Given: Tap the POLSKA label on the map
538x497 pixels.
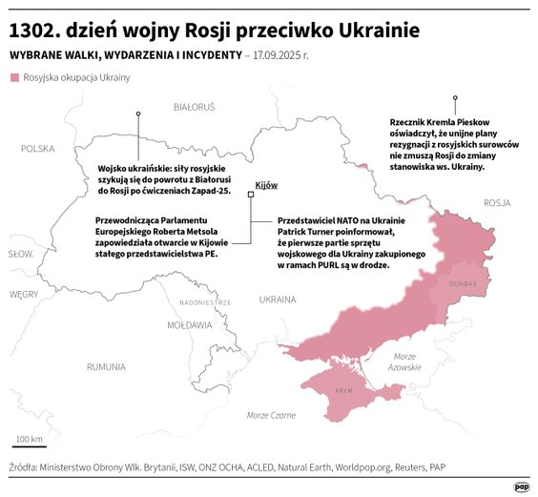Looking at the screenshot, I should pyautogui.click(x=38, y=148).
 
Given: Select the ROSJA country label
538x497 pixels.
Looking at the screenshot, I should pyautogui.click(x=497, y=202).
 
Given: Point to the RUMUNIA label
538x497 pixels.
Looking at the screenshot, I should pyautogui.click(x=105, y=366).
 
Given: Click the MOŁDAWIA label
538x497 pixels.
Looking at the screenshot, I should pyautogui.click(x=189, y=324).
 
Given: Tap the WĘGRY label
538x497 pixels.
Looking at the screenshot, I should pyautogui.click(x=24, y=295).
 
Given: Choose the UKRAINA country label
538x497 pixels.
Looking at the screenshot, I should pyautogui.click(x=278, y=299).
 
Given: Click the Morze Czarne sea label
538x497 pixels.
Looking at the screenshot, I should pyautogui.click(x=271, y=415).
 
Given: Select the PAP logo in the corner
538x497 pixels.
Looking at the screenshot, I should pyautogui.click(x=521, y=485).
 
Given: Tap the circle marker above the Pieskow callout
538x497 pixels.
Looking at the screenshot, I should pyautogui.click(x=456, y=98).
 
